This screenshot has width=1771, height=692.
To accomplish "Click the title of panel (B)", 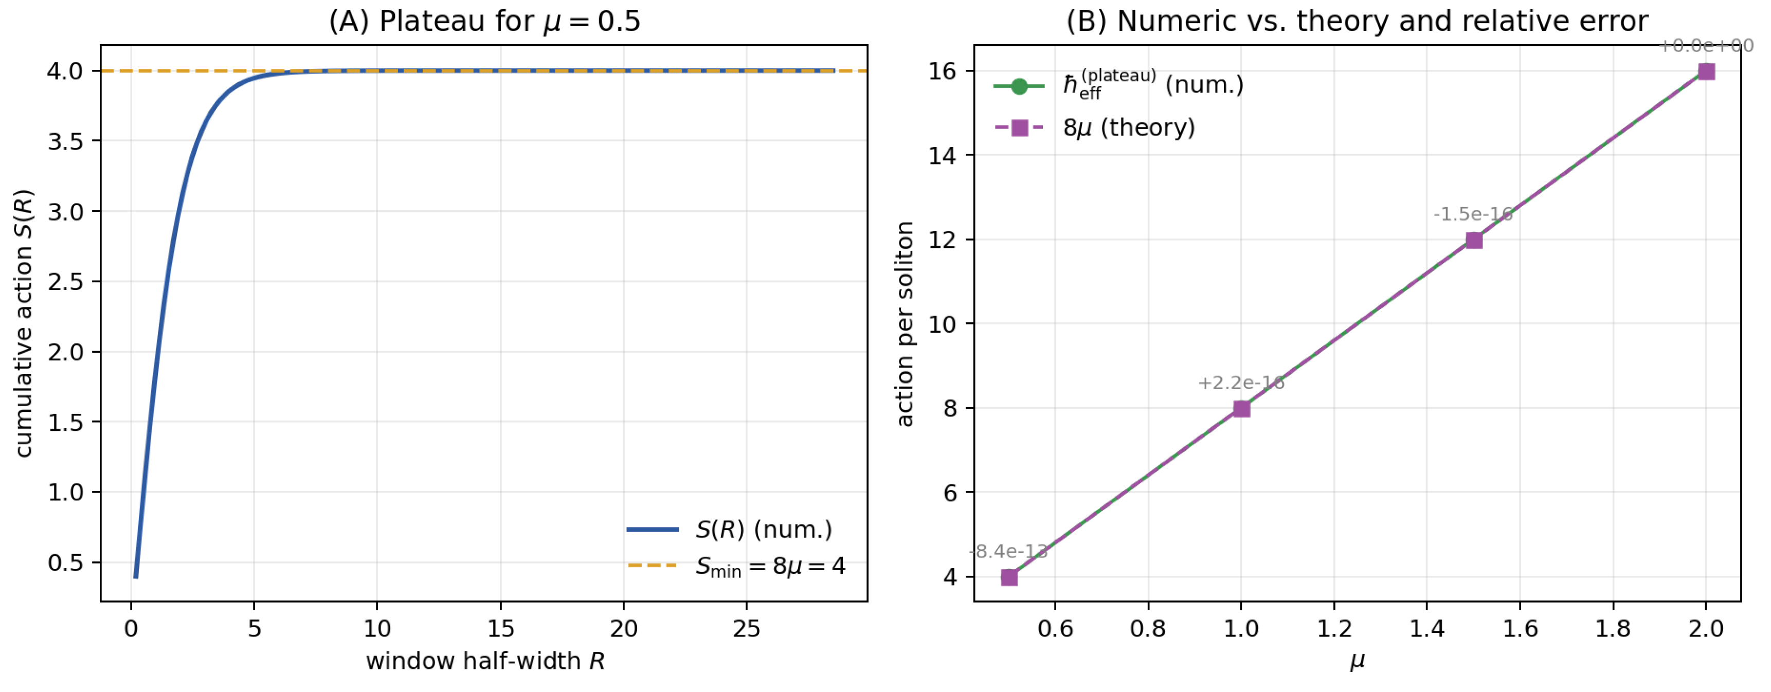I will click(1357, 21).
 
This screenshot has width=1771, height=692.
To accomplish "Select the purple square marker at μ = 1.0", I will click(1241, 409).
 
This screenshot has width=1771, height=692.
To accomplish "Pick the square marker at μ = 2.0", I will click(1706, 71).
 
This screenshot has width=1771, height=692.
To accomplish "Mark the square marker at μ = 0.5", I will click(1008, 577).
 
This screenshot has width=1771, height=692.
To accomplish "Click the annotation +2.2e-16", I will click(1241, 383).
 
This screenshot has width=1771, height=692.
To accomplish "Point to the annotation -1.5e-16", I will click(1473, 214).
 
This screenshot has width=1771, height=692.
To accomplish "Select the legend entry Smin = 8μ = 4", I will click(770, 566).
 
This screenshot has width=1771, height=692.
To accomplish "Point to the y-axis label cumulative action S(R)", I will click(24, 323).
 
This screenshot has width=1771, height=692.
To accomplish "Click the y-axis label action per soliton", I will click(905, 324).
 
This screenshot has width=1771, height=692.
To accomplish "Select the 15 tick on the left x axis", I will click(500, 628).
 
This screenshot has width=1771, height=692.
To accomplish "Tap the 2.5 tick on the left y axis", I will click(65, 282).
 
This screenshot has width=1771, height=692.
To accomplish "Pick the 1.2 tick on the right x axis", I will click(1334, 628).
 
